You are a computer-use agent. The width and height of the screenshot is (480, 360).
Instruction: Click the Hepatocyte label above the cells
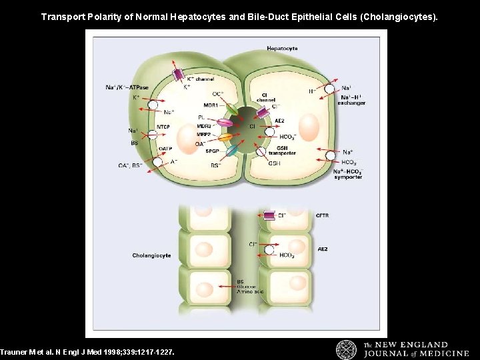tap(282, 48)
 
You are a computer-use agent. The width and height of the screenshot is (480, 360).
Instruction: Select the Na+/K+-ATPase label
tap(127, 87)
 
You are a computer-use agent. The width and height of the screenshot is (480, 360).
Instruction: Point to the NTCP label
tap(163, 127)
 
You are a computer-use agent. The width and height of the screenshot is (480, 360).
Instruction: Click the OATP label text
tap(164, 149)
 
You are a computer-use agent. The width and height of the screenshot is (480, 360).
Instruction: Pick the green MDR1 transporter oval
tap(230, 109)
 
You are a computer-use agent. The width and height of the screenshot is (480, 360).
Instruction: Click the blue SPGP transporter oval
tap(231, 151)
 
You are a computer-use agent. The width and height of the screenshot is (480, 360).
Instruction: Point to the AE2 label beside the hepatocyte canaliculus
tap(279, 121)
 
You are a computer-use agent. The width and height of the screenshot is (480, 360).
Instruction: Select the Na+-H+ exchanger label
tap(351, 100)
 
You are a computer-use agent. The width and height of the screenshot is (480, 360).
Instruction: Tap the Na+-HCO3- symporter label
tap(347, 174)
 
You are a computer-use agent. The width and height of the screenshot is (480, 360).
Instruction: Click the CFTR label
tap(322, 215)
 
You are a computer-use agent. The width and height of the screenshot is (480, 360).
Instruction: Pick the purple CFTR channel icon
tap(269, 215)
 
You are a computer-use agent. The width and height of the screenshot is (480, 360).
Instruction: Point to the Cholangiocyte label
tap(151, 255)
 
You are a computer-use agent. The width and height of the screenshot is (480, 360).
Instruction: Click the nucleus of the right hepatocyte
tap(309, 127)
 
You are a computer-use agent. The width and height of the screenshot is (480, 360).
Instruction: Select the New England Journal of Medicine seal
tap(346, 349)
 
